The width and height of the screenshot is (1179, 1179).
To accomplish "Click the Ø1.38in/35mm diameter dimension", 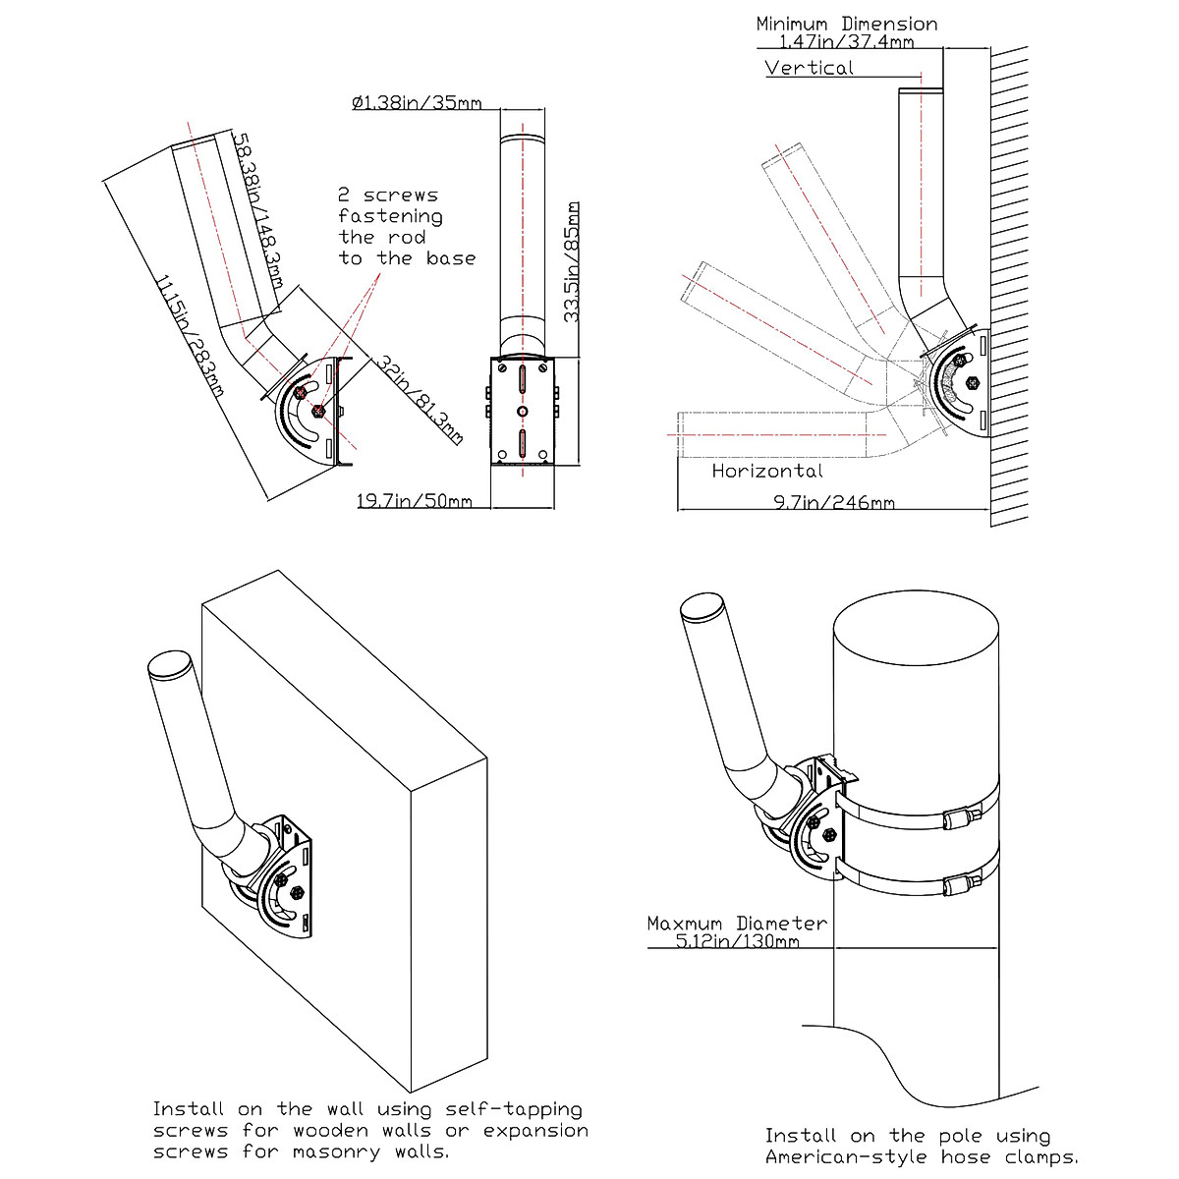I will coord(417,102).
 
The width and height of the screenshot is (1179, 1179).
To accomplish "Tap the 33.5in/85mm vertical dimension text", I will coord(572,262).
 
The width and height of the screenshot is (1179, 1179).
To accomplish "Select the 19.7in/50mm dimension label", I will coord(414,502).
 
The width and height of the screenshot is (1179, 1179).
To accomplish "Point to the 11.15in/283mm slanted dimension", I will coord(189,335).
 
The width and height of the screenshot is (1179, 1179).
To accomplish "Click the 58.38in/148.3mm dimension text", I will coord(258,211).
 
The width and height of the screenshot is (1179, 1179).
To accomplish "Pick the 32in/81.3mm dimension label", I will coord(419,399).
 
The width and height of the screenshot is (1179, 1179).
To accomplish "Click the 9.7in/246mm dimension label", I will coord(834,503).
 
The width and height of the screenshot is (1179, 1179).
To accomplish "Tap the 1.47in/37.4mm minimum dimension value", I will coord(846,42).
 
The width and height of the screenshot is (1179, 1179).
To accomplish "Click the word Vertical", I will coord(810,68).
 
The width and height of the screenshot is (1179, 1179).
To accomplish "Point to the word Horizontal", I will coord(767,471).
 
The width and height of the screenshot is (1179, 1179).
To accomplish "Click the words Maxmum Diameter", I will coord(737,923).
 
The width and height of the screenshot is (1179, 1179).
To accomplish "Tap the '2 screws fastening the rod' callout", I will coord(407,227).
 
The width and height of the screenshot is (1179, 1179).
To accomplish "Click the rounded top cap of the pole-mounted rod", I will coord(702,606).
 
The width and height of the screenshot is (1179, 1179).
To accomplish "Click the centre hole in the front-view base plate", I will coord(523,410).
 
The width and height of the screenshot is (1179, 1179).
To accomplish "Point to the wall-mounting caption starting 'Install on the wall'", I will coord(370,1130).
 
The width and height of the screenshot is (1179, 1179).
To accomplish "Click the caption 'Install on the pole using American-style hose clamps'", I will coord(922,1147).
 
